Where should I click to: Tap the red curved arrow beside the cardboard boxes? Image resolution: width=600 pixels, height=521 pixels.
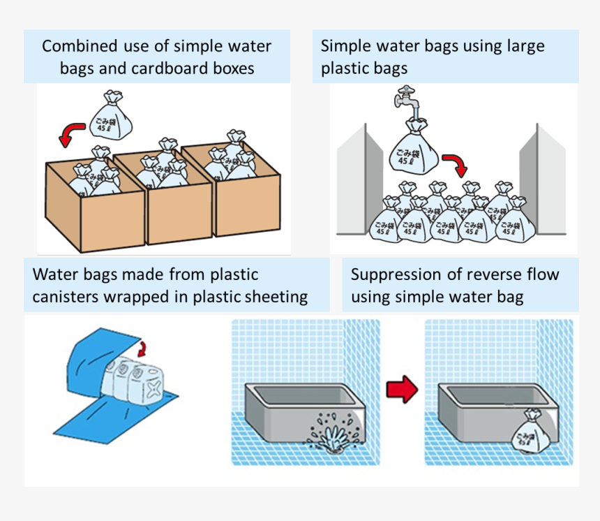coord(70,133)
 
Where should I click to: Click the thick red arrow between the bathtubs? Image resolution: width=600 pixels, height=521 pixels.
coord(402,390)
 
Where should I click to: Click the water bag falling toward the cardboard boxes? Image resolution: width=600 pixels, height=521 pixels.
coord(112,119)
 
